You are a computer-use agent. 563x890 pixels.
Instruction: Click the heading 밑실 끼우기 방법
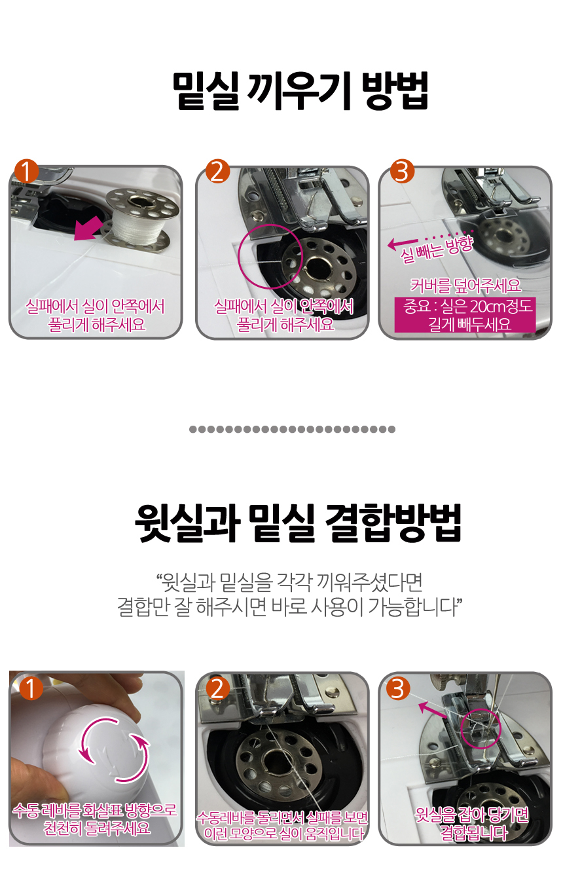pos(300,91)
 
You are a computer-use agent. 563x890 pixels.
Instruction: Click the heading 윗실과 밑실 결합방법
pos(298,523)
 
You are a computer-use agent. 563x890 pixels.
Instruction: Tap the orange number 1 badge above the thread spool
pos(26,171)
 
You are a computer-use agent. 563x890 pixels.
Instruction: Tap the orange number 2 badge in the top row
pos(217,171)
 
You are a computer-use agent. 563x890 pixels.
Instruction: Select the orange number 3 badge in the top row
pos(402,171)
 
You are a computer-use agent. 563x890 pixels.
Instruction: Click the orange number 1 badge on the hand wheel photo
pos(31,688)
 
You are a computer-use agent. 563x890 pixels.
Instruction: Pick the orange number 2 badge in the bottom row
pos(217,688)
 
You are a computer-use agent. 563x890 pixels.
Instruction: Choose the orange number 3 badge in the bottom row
pos(398,688)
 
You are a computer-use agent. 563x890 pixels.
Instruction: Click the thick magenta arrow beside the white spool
pos(88,229)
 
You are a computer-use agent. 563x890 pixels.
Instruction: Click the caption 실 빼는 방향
pos(437,250)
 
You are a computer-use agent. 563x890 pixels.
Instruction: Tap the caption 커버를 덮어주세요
pos(465,286)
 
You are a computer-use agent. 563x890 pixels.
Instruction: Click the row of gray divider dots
pos(292,429)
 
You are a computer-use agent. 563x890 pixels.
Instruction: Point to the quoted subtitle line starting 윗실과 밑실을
pos(290,582)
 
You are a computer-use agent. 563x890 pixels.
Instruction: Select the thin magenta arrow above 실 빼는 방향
pos(403,243)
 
